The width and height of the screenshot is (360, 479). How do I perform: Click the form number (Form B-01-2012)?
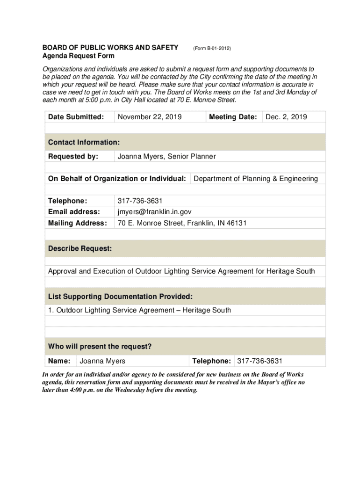(212, 48)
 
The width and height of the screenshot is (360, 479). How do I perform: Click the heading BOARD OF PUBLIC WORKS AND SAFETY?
(110, 48)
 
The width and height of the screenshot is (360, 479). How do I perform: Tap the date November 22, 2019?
(150, 117)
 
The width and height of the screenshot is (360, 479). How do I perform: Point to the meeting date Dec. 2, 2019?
(286, 117)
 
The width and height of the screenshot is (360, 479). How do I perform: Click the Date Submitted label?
(76, 117)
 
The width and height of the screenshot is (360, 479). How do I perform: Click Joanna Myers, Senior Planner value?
(166, 157)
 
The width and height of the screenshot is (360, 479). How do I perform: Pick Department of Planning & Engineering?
(256, 179)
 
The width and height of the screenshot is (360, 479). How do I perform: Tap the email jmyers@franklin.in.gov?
(154, 212)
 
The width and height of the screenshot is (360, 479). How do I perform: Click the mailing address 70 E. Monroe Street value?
(182, 223)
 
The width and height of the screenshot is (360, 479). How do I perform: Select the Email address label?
(74, 212)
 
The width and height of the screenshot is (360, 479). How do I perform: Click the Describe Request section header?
(80, 249)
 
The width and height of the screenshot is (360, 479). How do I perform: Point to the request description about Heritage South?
(181, 271)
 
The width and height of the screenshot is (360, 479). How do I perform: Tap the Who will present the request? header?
(100, 347)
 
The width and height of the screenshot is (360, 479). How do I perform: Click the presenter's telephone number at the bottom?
(260, 361)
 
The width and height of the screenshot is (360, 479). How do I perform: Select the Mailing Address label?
(78, 223)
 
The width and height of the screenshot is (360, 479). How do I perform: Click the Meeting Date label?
(233, 117)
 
